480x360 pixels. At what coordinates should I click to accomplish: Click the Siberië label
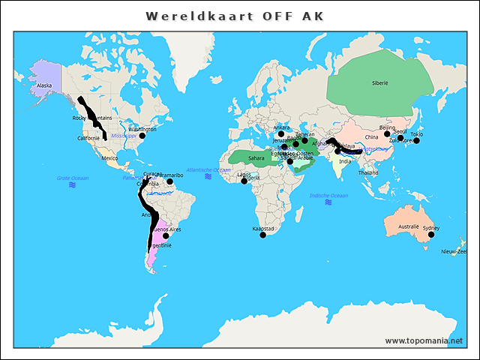point(379,83)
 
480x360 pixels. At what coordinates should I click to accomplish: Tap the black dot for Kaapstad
point(262,235)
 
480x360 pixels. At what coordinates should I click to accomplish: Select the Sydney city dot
point(431,235)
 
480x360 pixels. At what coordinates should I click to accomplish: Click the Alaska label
point(44,85)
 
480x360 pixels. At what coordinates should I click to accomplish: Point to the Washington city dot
point(142,136)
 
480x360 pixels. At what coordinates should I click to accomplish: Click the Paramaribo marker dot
point(170,181)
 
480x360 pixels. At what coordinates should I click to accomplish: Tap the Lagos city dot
point(244,181)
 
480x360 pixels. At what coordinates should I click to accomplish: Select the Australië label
point(408,226)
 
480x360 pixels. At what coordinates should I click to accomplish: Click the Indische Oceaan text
point(328,196)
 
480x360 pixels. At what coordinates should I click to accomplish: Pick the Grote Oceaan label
point(73,178)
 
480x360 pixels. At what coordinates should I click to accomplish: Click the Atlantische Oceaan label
point(208,170)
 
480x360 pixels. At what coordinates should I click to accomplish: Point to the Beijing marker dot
point(387,133)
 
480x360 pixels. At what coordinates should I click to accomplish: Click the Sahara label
point(256,158)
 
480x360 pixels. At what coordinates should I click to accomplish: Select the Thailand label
point(367,172)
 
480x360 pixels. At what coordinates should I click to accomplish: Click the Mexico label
point(109,158)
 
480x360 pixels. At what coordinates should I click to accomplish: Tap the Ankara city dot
point(282,133)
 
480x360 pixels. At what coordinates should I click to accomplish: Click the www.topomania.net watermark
point(424,341)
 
